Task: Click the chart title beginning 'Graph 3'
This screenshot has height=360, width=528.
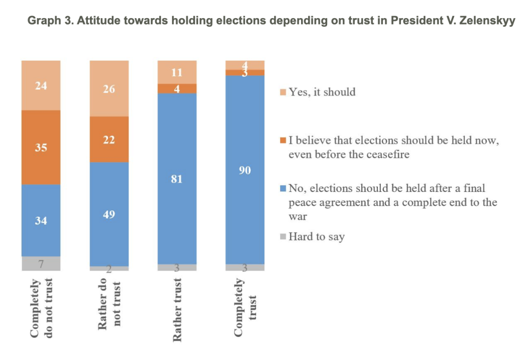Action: coord(271,21)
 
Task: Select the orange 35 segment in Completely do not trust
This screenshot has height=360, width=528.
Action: coord(41,147)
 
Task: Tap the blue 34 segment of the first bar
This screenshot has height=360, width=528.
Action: coord(41,220)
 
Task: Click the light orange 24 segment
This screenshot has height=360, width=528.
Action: coord(41,85)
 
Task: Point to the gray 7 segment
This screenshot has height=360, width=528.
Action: coord(41,263)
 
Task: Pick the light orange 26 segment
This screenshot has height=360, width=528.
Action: coord(109,88)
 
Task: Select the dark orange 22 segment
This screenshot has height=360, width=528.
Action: coord(109,139)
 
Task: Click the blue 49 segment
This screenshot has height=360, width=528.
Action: coord(109,214)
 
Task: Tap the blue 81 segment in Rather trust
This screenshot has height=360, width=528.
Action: coord(177,179)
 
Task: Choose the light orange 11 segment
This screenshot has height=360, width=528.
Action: coord(177,72)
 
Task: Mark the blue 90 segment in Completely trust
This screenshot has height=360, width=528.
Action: coord(245,169)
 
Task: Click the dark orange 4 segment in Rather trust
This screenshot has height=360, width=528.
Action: coord(177,88)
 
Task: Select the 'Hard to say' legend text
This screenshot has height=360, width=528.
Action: coord(317,237)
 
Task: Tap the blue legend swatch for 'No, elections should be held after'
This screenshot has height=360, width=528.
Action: coord(283,189)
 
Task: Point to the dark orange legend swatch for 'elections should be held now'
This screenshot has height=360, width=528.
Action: coord(283,141)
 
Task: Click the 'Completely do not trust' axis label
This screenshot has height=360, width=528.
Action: coord(41,307)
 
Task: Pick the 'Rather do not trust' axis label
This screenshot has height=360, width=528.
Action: coord(109,304)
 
